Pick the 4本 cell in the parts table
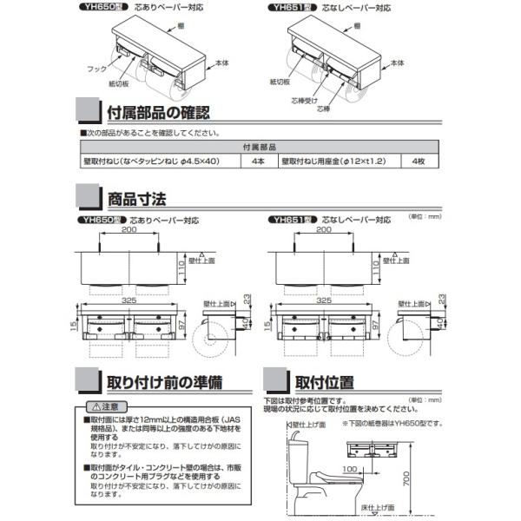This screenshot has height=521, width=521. point(257,162)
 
